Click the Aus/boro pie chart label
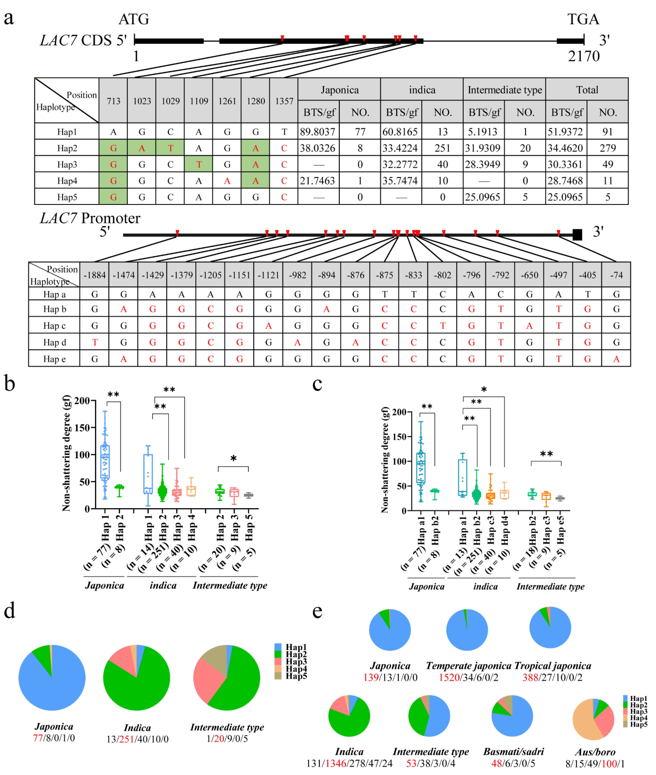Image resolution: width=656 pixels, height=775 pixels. point(595,752)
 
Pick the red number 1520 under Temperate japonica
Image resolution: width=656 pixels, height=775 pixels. point(449,677)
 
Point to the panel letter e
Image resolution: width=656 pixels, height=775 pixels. point(317,610)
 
